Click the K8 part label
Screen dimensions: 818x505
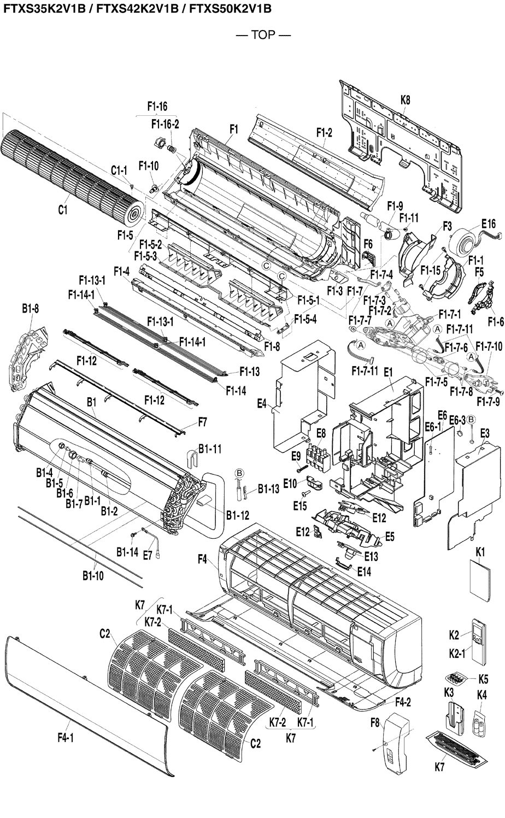405,100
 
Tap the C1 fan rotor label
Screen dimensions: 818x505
62,209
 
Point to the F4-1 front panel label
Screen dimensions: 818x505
65,738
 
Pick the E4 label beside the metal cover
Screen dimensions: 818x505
262,403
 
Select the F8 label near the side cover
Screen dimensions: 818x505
374,722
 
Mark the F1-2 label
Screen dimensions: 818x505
324,132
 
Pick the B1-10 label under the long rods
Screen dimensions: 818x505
93,575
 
